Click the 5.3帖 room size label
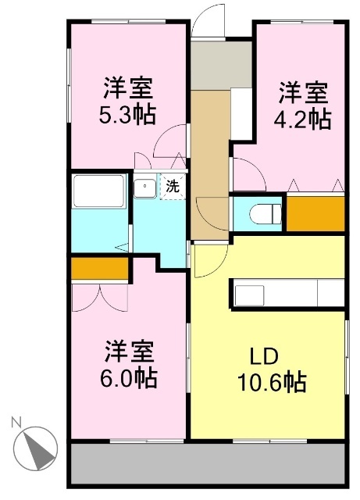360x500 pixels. [129, 115]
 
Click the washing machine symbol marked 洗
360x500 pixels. [173, 187]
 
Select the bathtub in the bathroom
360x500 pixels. [98, 191]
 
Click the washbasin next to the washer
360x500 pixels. [144, 187]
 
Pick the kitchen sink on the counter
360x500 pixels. [251, 295]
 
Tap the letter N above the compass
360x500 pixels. [16, 422]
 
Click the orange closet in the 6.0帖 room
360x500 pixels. [99, 268]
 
